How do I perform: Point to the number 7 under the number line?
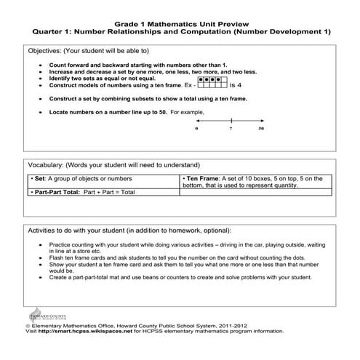(x=230, y=128)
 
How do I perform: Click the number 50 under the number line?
(x=261, y=128)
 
